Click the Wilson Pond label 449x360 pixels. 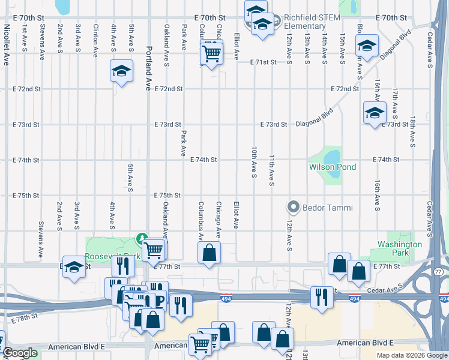[332, 167]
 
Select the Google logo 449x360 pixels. [19, 353]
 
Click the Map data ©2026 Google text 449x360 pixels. [411, 355]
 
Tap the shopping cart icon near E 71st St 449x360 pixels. [211, 54]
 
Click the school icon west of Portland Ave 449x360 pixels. [121, 71]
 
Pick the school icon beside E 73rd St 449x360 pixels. [375, 112]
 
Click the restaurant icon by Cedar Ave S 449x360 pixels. [322, 296]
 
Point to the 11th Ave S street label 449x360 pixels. [272, 169]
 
